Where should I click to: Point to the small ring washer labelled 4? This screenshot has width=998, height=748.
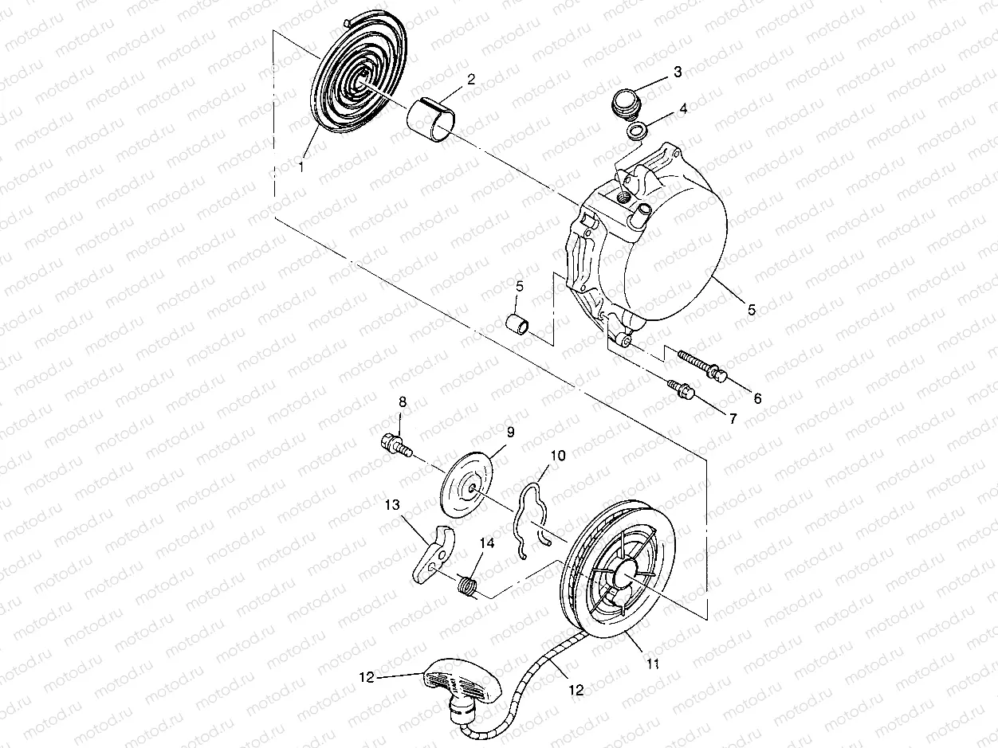[636, 131]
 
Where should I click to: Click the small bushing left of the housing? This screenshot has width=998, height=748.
[518, 324]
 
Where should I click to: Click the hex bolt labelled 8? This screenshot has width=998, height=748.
[395, 443]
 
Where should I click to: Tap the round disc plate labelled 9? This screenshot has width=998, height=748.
[470, 481]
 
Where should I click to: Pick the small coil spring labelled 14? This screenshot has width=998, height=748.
[469, 585]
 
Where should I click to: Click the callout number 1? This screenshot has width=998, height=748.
[301, 166]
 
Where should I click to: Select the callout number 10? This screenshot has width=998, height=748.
[558, 455]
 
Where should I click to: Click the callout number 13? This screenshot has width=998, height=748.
[391, 505]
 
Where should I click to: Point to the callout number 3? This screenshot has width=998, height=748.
[678, 72]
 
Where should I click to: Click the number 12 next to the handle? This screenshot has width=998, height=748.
[367, 677]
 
